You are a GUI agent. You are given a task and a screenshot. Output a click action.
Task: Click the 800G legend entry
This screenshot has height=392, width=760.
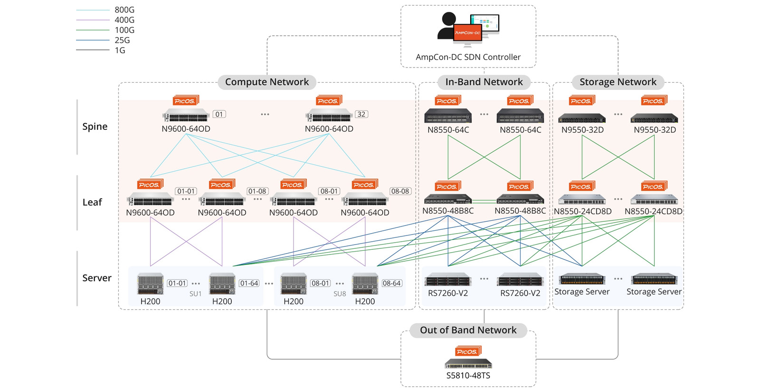124,10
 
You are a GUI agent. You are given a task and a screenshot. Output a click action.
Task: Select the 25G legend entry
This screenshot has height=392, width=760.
122,40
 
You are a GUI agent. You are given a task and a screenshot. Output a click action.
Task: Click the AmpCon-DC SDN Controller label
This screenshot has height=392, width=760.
468,57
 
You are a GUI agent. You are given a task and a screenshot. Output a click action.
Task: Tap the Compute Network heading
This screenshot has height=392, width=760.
266,82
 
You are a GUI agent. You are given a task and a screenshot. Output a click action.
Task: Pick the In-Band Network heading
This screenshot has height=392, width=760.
484,82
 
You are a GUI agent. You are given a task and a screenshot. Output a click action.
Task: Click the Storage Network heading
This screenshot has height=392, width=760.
617,82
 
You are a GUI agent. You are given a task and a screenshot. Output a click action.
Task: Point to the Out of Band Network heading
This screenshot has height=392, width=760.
468,330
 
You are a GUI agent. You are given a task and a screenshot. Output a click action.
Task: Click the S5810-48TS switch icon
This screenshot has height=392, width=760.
468,364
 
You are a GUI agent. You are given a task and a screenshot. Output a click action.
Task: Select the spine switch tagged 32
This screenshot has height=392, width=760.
329,116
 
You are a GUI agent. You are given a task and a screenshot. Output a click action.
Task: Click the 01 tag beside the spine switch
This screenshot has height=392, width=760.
219,114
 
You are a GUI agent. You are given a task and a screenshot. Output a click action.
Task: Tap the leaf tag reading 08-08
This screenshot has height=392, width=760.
400,191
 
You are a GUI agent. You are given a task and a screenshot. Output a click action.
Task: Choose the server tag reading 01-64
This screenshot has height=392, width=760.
249,283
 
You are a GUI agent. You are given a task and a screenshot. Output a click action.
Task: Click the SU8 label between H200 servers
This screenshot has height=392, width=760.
340,294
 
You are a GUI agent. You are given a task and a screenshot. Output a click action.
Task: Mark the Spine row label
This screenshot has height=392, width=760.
95,127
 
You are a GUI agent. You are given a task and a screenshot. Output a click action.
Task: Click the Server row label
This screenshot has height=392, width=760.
96,278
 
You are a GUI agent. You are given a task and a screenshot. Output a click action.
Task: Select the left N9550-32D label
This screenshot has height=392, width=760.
582,130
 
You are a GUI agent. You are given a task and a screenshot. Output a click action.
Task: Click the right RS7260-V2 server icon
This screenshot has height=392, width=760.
520,281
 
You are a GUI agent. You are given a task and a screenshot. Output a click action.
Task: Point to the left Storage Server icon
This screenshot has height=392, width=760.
582,279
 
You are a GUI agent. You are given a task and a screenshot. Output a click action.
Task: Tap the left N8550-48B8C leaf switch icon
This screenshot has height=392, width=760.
447,199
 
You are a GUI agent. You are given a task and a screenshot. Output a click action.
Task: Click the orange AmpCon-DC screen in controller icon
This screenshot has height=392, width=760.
467,33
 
